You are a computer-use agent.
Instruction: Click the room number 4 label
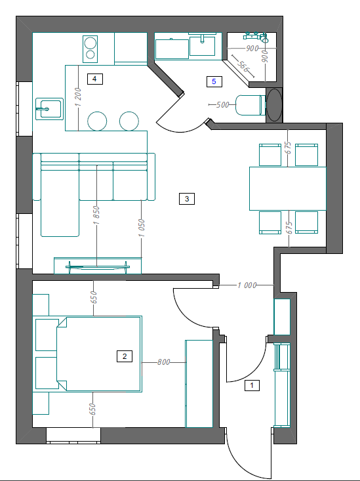[x=94, y=79]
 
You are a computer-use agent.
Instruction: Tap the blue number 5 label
[x=214, y=81]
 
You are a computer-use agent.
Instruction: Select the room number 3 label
[x=187, y=199]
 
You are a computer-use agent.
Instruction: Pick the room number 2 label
[x=125, y=356]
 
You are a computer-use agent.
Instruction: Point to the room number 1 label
[x=252, y=385]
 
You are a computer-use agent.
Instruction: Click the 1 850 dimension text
[x=97, y=215]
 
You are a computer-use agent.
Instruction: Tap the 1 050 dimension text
[x=142, y=228]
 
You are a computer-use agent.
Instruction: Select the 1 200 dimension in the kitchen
[x=79, y=97]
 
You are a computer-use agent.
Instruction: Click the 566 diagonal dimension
[x=243, y=67]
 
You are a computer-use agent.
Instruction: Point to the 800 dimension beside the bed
[x=164, y=362]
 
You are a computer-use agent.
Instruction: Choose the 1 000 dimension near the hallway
[x=247, y=285]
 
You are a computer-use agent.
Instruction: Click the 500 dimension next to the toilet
[x=223, y=105]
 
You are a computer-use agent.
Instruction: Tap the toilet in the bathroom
[x=250, y=105]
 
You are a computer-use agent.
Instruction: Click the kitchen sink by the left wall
[x=49, y=109]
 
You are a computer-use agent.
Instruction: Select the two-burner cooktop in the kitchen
[x=90, y=49]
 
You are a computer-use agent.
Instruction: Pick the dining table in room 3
[x=288, y=188]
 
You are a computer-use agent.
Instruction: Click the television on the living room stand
[x=98, y=267]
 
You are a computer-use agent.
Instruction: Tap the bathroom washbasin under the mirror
[x=202, y=45]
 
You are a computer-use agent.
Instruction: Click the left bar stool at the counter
[x=97, y=121]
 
